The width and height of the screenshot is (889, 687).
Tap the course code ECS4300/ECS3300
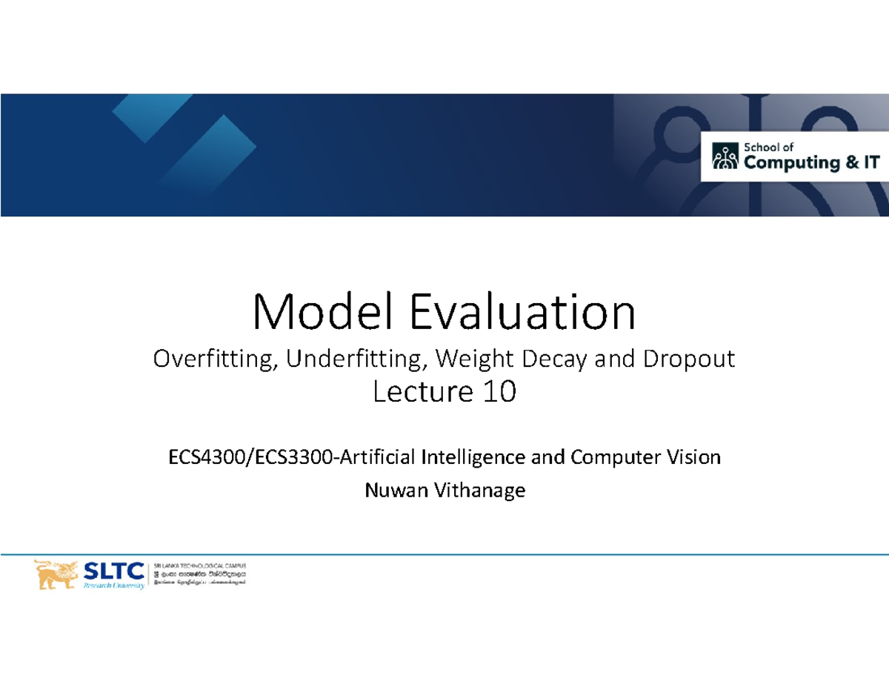[x=252, y=457]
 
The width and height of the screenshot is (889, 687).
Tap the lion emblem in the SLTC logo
[x=56, y=574]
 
